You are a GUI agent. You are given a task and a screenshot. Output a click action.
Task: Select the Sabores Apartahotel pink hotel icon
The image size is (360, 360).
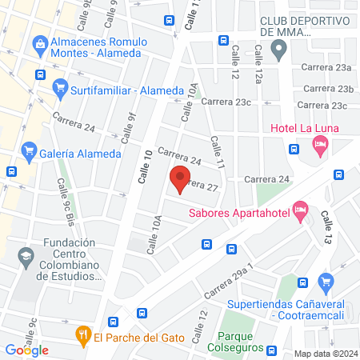(x=301, y=210)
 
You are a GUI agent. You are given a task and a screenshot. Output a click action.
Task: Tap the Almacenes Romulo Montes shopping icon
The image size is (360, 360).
(x=38, y=42)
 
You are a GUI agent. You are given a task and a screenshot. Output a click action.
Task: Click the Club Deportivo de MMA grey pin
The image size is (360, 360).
(x=278, y=53)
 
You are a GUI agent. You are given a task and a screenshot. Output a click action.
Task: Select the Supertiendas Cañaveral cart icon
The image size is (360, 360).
(x=325, y=282)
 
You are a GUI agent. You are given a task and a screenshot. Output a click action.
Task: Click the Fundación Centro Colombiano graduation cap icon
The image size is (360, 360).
(x=26, y=256)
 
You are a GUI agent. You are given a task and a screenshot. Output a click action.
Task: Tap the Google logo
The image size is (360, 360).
(x=26, y=350)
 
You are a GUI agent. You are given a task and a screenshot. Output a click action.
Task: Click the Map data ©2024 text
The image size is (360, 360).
(x=324, y=353)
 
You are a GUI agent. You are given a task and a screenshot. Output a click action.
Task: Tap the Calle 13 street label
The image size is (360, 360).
(x=326, y=229)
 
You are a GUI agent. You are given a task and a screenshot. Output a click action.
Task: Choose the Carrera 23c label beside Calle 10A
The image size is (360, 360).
(x=226, y=102)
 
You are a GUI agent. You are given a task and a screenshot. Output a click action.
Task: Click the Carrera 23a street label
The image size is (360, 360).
(x=334, y=69)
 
